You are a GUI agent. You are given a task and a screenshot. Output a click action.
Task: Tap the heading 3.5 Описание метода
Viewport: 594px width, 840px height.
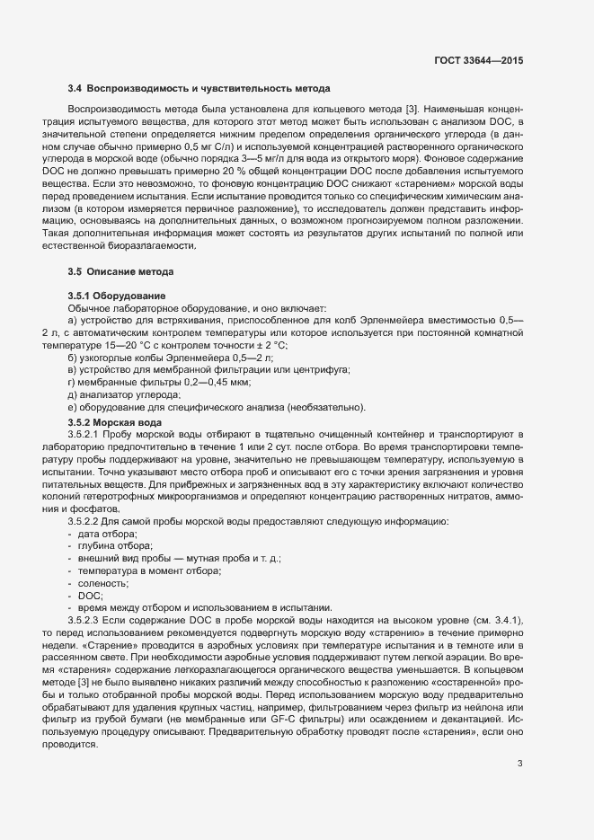point(120,271)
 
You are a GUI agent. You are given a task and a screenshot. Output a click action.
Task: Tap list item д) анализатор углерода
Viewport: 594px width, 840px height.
point(124,395)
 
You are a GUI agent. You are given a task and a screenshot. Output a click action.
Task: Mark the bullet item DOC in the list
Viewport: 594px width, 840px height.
point(90,595)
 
